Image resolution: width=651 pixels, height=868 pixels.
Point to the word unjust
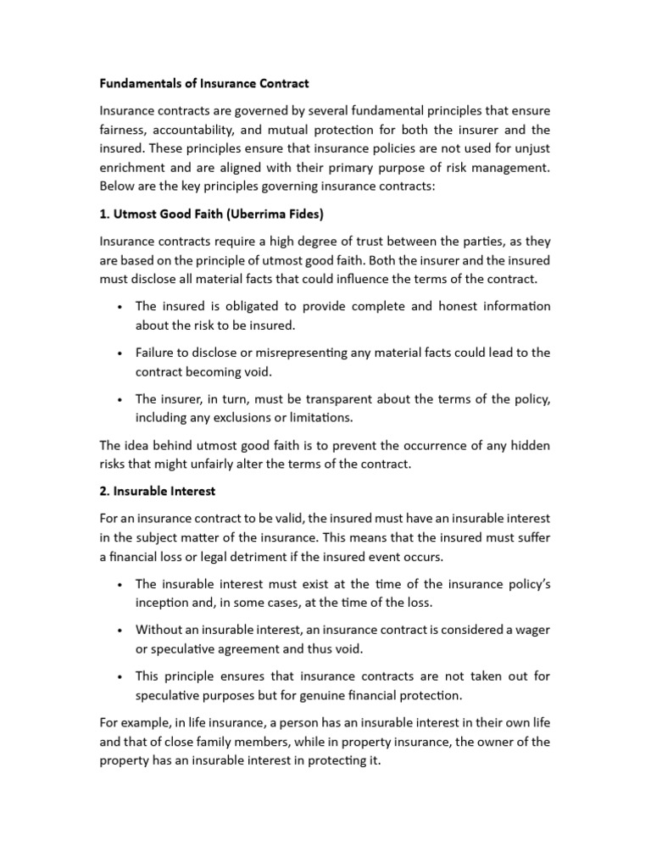529,149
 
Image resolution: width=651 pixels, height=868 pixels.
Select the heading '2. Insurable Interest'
157,491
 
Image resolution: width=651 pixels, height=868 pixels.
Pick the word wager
531,630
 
